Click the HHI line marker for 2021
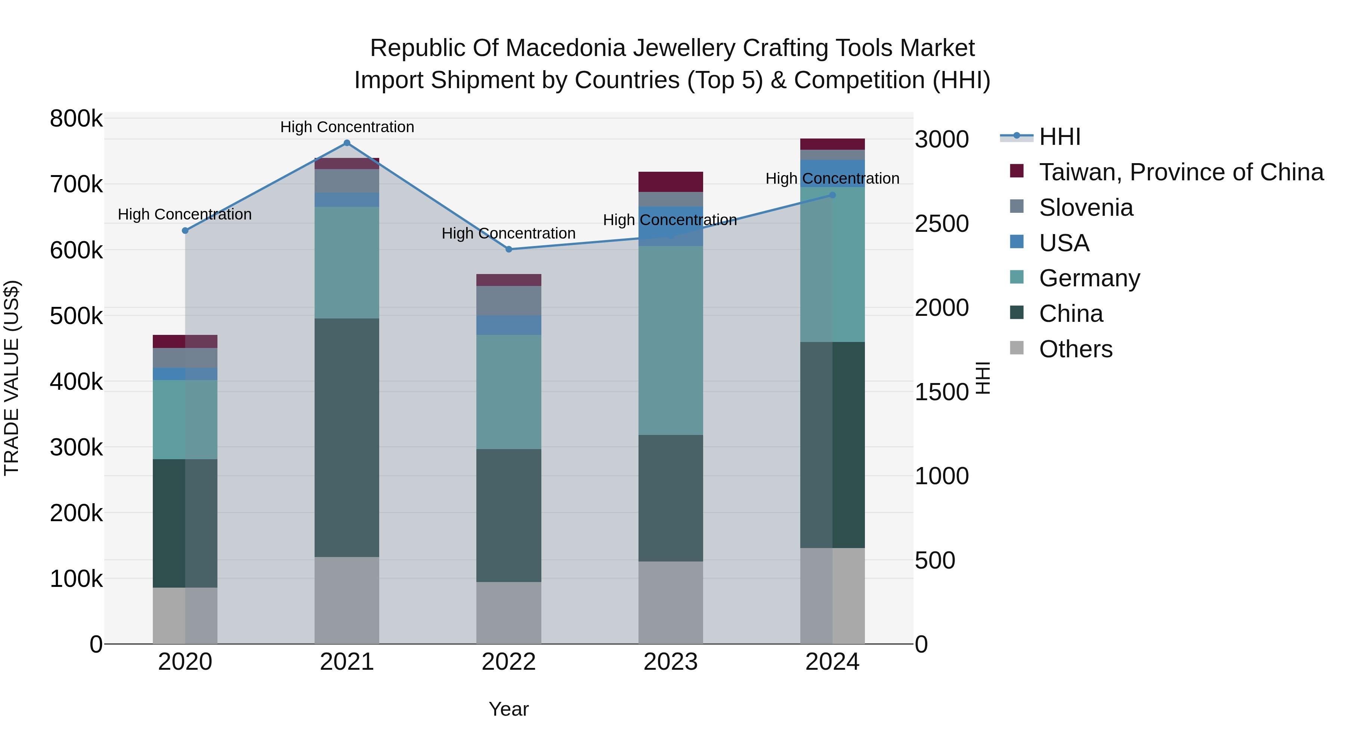click(x=347, y=143)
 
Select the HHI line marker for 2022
click(x=508, y=249)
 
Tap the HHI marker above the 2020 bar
click(x=185, y=231)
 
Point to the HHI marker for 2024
click(x=832, y=195)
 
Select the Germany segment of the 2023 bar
click(x=670, y=340)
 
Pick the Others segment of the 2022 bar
click(x=508, y=613)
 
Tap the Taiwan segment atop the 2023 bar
click(x=670, y=181)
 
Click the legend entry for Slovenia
click(x=1086, y=208)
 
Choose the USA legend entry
click(x=1064, y=243)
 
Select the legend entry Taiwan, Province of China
click(x=1181, y=172)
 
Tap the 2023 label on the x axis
click(x=670, y=662)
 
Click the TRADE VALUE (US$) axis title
click(x=12, y=378)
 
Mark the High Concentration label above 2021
click(x=347, y=127)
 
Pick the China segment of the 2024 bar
click(x=832, y=445)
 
